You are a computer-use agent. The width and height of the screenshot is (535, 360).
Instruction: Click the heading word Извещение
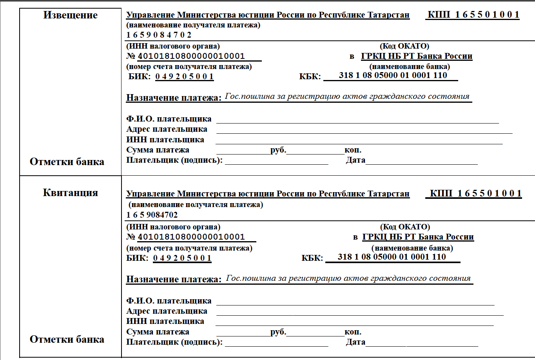[x=70, y=15]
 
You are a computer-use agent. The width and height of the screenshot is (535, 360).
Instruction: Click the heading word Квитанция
[x=70, y=193]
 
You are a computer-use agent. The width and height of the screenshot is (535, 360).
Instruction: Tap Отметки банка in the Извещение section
[x=67, y=162]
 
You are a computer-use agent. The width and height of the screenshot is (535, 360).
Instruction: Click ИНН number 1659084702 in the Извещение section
[x=159, y=35]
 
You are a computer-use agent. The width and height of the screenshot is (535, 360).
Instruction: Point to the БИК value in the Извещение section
[x=184, y=76]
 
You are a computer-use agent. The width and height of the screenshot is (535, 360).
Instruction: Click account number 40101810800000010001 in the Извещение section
[x=191, y=56]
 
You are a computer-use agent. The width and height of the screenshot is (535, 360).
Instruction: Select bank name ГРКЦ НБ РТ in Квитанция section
[x=418, y=237]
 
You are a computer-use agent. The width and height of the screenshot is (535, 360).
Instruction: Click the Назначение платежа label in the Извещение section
[x=174, y=98]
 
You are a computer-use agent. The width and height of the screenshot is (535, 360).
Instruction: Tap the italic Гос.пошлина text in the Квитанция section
[x=348, y=278]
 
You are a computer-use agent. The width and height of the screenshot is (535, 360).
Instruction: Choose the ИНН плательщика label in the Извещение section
[x=165, y=140]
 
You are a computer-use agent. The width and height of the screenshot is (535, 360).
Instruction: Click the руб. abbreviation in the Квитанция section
[x=278, y=332]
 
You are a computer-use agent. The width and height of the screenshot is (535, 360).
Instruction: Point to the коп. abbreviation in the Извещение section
[x=353, y=150]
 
